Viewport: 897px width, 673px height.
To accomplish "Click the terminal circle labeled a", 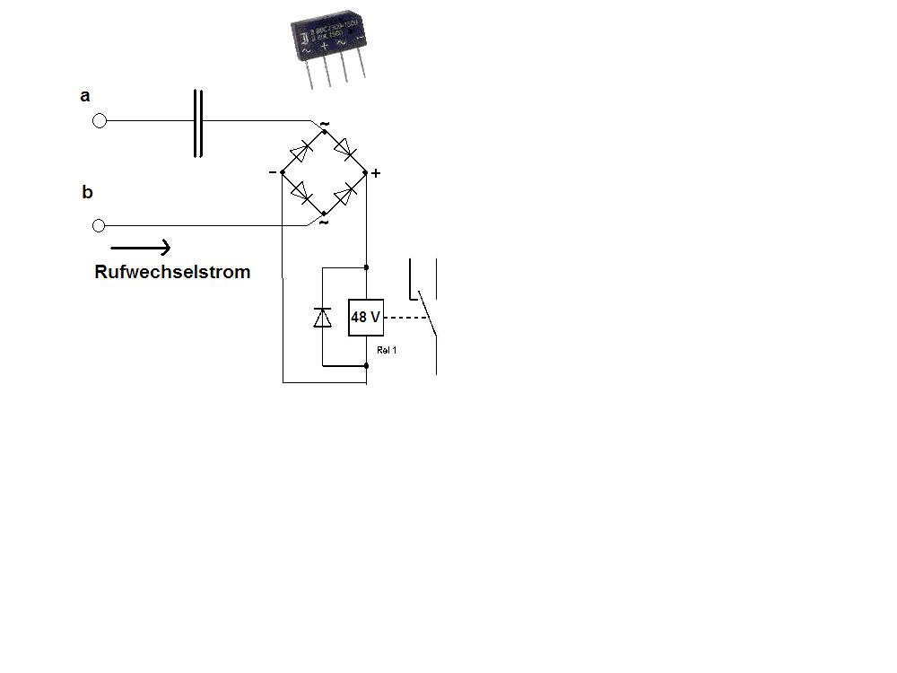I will tap(100, 121).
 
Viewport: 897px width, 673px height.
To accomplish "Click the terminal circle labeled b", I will tap(100, 225).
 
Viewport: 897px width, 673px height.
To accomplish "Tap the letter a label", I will tap(85, 96).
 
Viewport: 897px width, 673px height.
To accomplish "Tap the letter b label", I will tap(87, 192).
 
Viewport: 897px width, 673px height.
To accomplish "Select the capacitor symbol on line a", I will tap(198, 123).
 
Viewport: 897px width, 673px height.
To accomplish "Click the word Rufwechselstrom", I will tap(172, 272).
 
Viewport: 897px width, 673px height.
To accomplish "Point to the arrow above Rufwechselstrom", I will tap(141, 248).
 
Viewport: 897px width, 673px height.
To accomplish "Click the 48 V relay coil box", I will tap(366, 318).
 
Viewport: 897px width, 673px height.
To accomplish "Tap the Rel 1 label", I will tap(387, 351).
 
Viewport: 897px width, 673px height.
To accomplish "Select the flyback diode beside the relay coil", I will tap(322, 317).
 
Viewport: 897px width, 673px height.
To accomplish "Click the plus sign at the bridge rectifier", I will tap(376, 173).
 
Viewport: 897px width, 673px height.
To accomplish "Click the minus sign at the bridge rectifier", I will tap(273, 171).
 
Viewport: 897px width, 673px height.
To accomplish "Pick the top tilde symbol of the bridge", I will tap(324, 123).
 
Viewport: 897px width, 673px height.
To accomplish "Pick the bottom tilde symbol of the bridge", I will tap(323, 222).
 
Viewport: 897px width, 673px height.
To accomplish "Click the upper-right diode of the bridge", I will tap(345, 148).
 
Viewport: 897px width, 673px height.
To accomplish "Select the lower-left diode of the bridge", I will tap(301, 192).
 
